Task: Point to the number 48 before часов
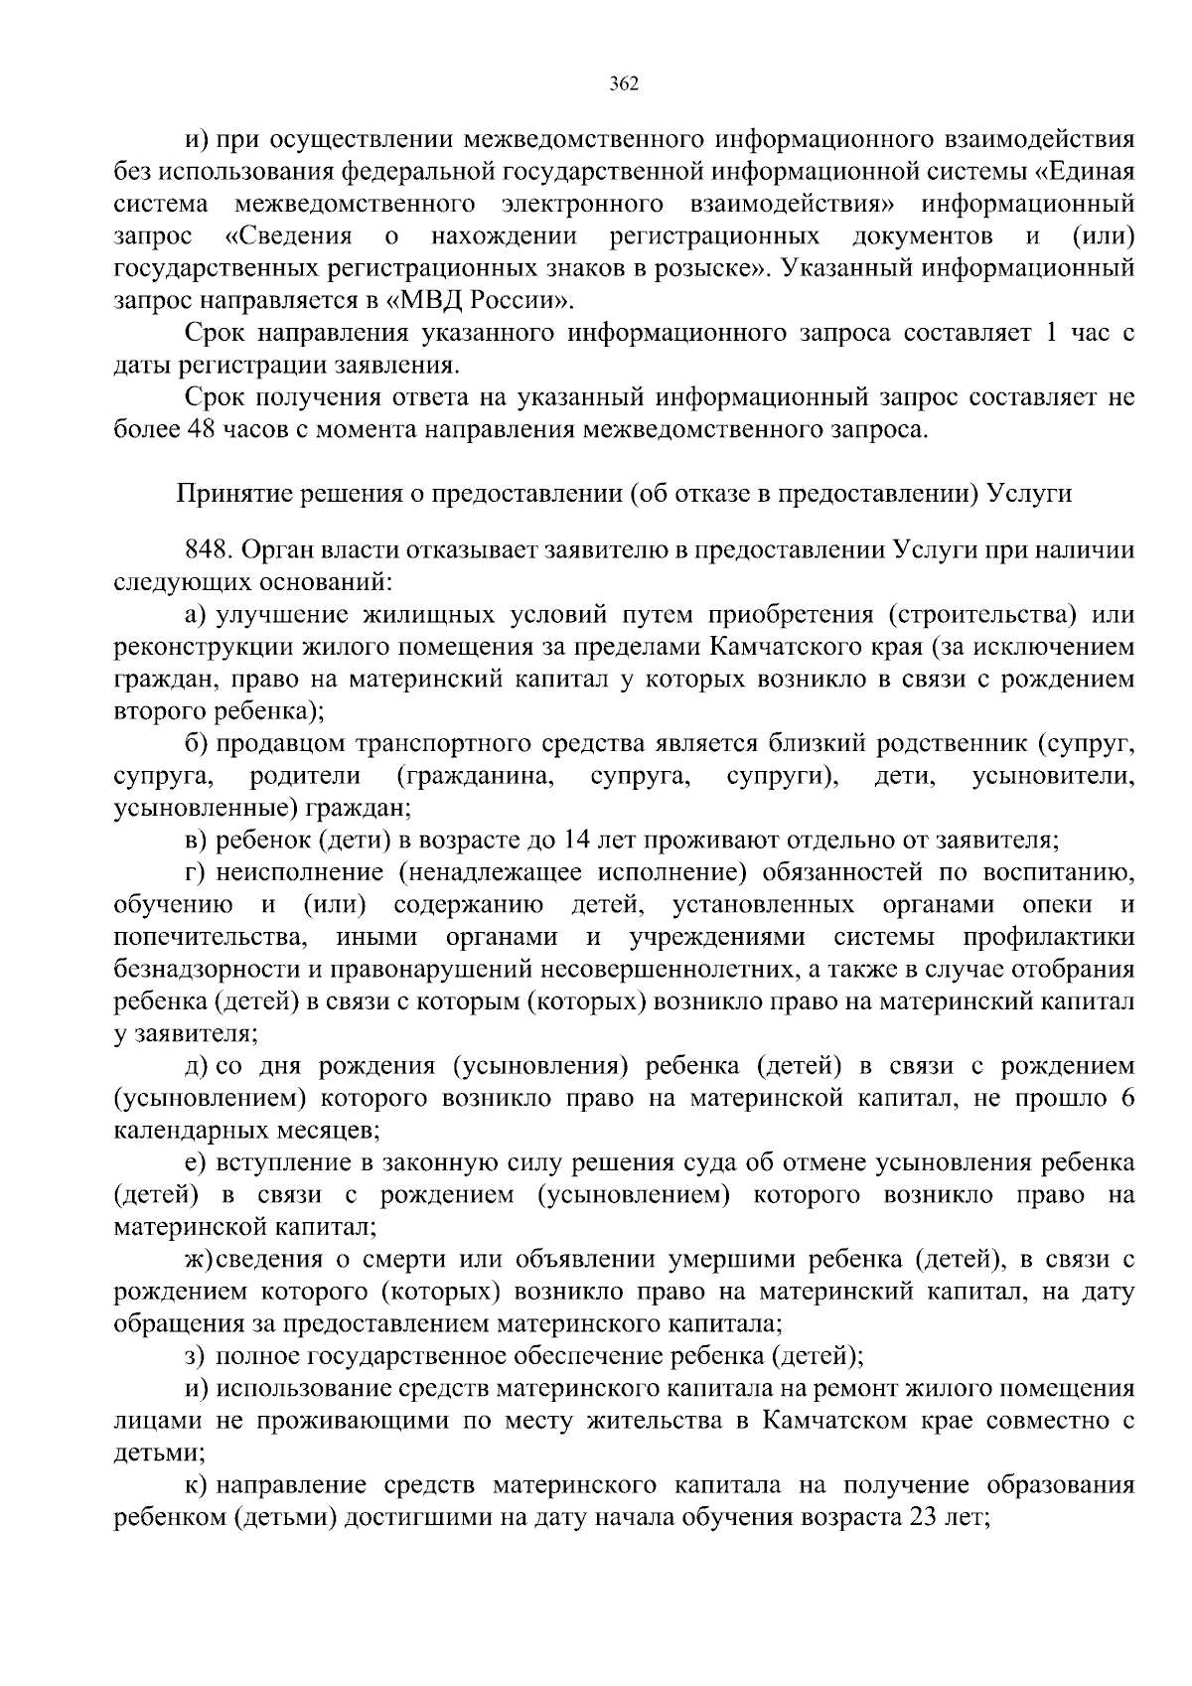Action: click(x=197, y=429)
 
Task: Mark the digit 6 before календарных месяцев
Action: click(x=1125, y=1098)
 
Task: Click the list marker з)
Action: click(x=196, y=1356)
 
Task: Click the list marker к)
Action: click(x=196, y=1485)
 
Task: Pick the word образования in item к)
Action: click(x=1056, y=1485)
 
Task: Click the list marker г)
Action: click(x=195, y=872)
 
